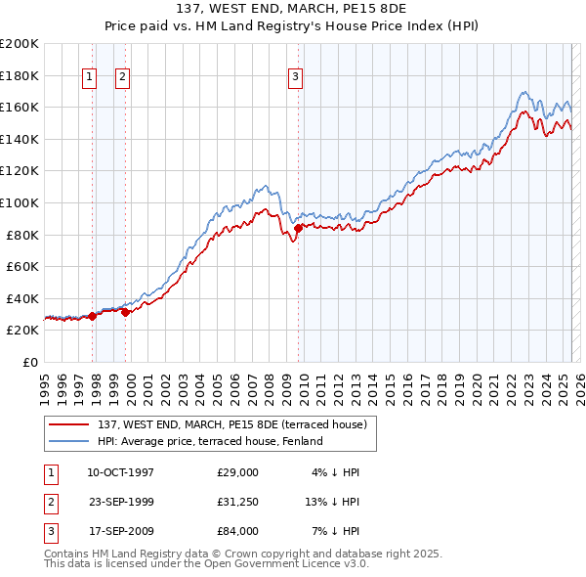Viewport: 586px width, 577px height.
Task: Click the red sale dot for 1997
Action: point(93,316)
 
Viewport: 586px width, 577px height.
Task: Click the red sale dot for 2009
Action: point(298,229)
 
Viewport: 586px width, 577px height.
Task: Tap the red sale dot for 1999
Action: point(126,312)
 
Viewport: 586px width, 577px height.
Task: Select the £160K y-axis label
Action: point(19,107)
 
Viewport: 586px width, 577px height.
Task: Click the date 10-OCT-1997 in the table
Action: point(120,472)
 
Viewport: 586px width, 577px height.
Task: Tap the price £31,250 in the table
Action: point(238,502)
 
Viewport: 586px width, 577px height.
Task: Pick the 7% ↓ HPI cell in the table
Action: point(334,531)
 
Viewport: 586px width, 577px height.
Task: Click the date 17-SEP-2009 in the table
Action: point(120,531)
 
